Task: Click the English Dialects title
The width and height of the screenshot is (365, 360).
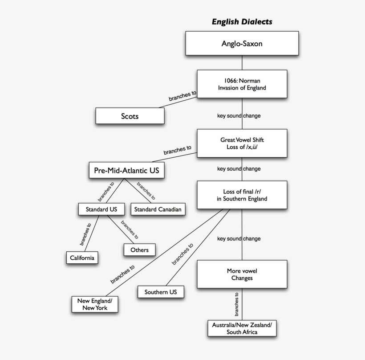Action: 242,21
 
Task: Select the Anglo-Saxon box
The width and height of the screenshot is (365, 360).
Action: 242,44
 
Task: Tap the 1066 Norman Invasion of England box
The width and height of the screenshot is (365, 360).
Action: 242,84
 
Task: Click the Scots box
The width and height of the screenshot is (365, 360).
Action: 130,116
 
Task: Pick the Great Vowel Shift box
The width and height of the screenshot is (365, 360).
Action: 242,143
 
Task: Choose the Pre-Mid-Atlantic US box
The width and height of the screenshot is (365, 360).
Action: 126,170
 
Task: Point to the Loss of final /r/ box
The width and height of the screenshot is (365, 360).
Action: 242,195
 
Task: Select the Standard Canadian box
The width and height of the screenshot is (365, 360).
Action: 158,209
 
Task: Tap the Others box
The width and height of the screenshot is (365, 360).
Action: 139,250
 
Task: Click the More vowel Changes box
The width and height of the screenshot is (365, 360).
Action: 242,274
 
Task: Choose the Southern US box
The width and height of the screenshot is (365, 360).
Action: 161,292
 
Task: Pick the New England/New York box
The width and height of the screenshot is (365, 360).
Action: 95,304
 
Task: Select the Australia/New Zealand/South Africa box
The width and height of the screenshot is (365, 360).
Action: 242,328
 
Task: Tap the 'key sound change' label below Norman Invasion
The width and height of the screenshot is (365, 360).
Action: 239,116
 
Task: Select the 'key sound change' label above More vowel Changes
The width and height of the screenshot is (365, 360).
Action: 239,239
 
